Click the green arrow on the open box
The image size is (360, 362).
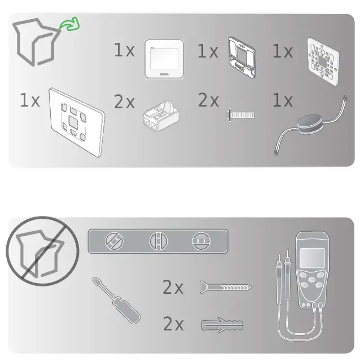(x=71, y=25)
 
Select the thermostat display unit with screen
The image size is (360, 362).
(x=164, y=59)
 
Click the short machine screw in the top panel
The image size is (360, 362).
(x=241, y=114)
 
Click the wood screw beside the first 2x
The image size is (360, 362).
(x=225, y=288)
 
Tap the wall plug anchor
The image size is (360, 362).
(x=222, y=325)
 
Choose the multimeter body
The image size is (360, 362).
(x=310, y=276)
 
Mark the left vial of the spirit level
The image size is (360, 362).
(x=114, y=241)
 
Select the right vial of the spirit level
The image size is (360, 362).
(x=200, y=241)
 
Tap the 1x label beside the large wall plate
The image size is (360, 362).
(x=30, y=101)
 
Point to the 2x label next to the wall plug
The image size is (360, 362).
(x=173, y=325)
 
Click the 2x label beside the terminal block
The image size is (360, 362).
(x=125, y=102)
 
